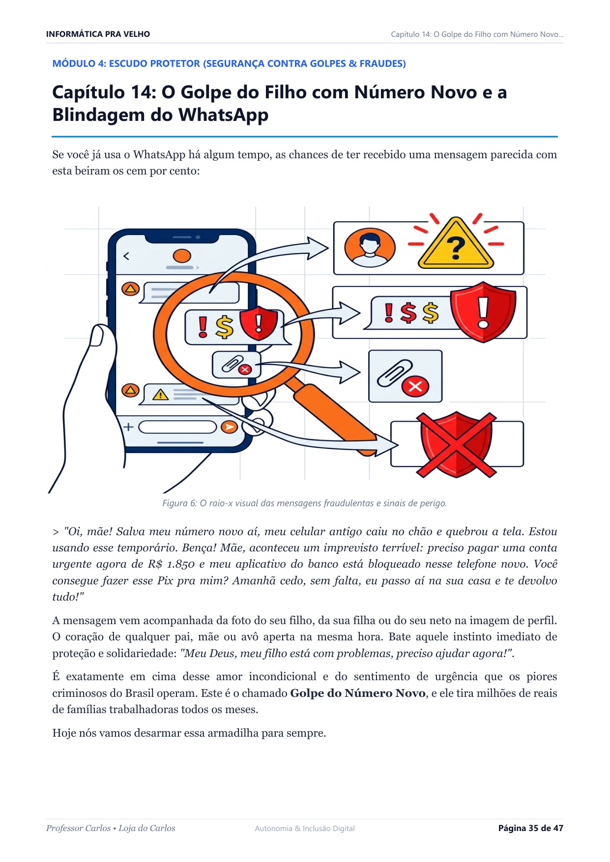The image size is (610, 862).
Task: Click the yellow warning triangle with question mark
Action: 456,244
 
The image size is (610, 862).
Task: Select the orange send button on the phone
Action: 229,427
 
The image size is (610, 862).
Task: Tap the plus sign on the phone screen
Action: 128,427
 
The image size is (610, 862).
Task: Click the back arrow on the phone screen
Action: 126,256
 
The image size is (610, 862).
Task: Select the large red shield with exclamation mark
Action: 483,312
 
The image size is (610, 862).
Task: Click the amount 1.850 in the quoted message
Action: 181,564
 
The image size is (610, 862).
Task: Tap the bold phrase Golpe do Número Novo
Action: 358,693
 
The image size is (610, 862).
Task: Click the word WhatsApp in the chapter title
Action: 224,115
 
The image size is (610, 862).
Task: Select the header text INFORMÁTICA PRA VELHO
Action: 98,34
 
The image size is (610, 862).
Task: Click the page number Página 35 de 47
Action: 531,828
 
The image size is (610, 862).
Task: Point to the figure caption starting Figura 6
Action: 305,503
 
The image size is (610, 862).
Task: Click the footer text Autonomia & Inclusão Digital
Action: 305,829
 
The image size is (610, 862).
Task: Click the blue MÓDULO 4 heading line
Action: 229,63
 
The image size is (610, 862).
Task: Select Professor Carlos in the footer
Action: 79,828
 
